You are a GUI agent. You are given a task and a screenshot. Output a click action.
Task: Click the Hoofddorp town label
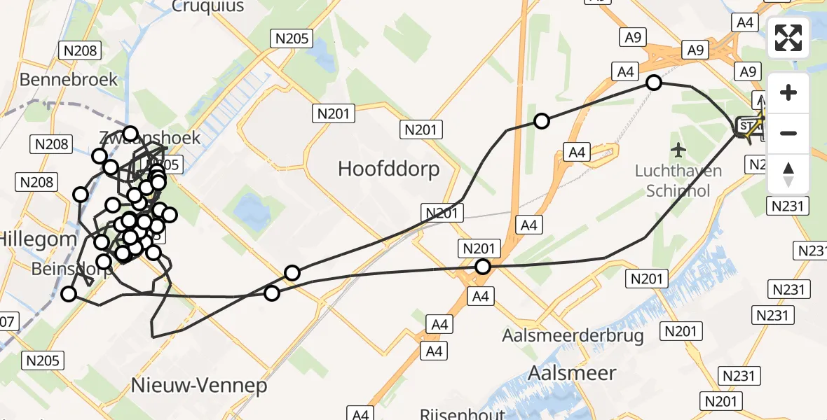[x=388, y=169]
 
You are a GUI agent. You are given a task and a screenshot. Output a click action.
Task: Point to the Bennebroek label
[x=69, y=79]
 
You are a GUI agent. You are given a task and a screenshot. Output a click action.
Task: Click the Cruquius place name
[x=208, y=7]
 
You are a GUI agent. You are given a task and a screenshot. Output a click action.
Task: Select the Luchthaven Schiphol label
[x=678, y=180]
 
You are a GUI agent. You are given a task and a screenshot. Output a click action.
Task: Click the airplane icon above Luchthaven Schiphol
[x=678, y=150]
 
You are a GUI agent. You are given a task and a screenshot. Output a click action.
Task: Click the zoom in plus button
[x=788, y=92]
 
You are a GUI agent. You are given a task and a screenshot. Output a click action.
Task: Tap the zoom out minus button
[x=788, y=133]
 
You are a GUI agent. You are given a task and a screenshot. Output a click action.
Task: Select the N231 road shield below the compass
[x=788, y=206]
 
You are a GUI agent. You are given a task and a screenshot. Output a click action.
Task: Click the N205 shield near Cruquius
[x=292, y=39]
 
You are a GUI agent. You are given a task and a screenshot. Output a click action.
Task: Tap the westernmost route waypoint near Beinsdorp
[x=69, y=294]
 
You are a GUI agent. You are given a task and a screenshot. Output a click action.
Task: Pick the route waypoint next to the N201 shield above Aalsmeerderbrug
[x=482, y=266]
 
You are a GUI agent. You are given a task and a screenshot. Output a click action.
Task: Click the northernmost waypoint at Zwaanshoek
[x=130, y=133]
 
